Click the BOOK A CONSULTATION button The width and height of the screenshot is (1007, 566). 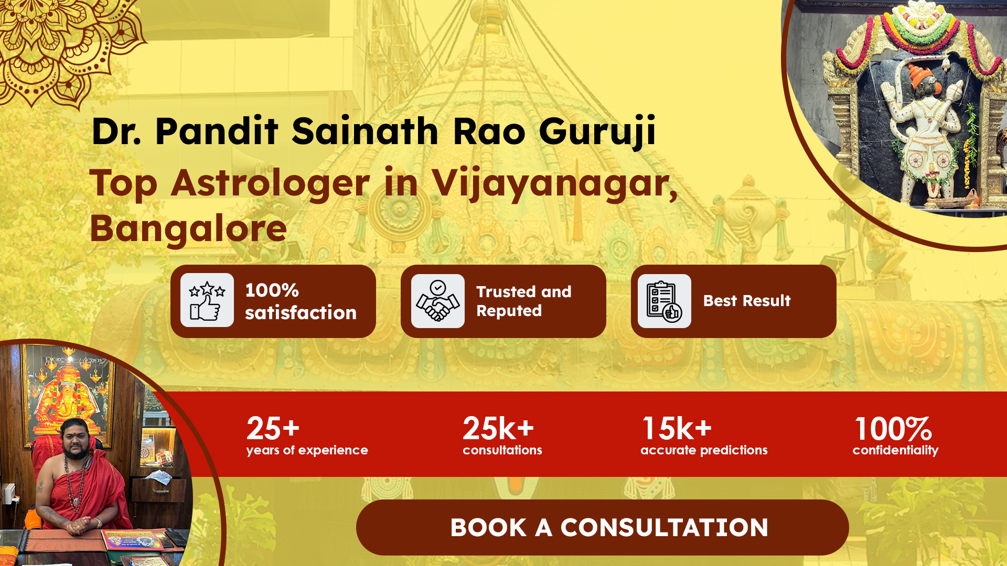[x=602, y=527]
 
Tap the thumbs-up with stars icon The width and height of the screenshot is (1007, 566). [x=207, y=300]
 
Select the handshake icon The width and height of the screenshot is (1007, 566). [x=438, y=301]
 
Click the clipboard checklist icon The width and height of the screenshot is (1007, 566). [x=665, y=301]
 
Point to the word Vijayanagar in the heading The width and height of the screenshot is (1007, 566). [x=554, y=183]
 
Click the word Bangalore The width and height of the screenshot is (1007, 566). [x=188, y=228]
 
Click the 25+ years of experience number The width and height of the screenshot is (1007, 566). [x=273, y=428]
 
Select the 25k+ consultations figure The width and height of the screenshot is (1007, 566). [x=498, y=428]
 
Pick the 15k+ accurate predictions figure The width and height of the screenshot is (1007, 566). [x=677, y=428]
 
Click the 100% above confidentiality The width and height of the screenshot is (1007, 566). [x=893, y=429]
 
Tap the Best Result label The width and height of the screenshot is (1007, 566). [x=747, y=301]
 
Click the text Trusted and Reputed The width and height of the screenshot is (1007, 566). [x=523, y=301]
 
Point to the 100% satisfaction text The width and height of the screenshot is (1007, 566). [x=301, y=301]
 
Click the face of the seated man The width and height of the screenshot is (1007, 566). [x=76, y=439]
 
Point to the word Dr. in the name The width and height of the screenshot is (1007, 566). [x=116, y=131]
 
